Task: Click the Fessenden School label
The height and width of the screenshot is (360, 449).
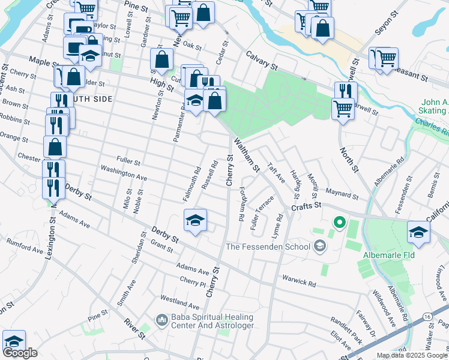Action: click(268, 247)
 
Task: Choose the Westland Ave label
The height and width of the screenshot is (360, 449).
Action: click(179, 298)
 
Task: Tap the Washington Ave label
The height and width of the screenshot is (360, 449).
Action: click(124, 174)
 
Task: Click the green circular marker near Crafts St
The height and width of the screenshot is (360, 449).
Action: click(339, 223)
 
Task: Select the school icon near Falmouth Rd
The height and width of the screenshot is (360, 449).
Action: click(195, 221)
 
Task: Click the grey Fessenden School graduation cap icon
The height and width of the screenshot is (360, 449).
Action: click(321, 246)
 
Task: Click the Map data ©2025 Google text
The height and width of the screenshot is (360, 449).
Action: click(411, 355)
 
